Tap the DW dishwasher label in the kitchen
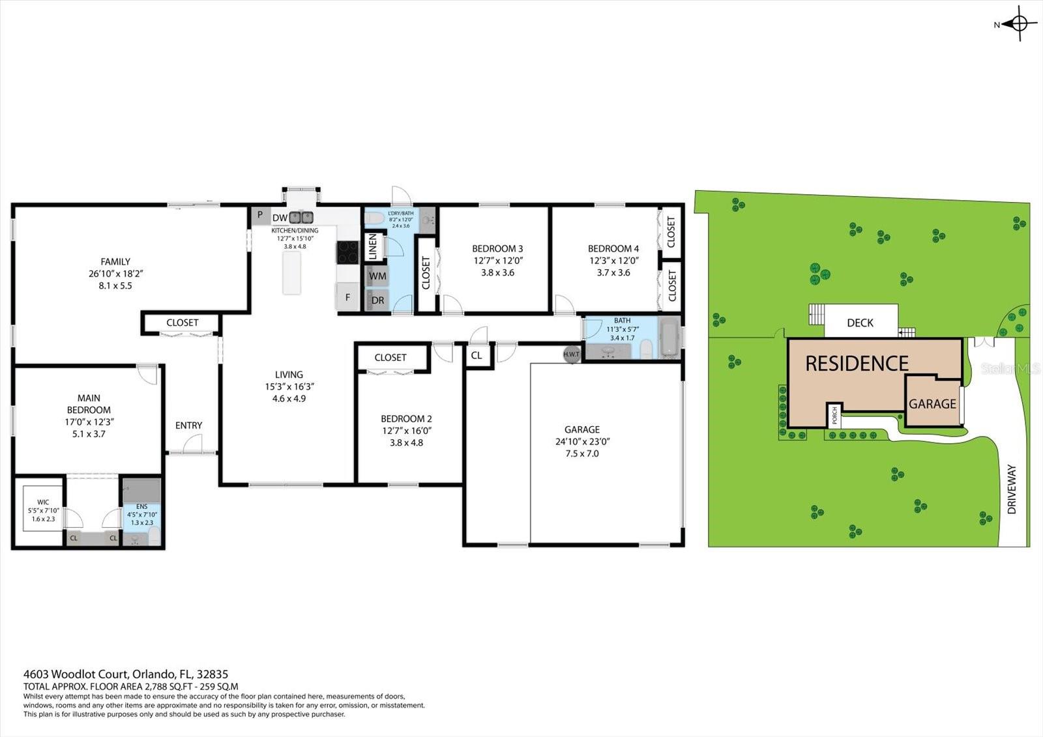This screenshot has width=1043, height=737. point(280,218)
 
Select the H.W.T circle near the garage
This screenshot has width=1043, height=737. point(572,354)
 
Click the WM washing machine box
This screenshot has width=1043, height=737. point(377,276)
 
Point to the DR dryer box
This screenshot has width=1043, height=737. point(377,300)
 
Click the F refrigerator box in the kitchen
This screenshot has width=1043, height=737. point(347,297)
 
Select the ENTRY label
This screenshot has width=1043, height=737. point(188,426)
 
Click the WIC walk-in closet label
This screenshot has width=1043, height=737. point(43,502)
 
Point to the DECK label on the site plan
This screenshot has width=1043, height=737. point(860,323)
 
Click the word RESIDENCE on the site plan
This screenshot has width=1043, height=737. point(857,364)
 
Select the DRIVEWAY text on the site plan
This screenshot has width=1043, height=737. point(1012,489)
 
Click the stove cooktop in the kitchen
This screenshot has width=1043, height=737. point(347,252)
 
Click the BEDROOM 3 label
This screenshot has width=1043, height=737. point(497,248)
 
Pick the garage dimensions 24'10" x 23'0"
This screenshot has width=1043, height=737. point(581,441)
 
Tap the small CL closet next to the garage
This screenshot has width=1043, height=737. point(477,355)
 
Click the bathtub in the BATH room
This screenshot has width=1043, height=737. point(669,337)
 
